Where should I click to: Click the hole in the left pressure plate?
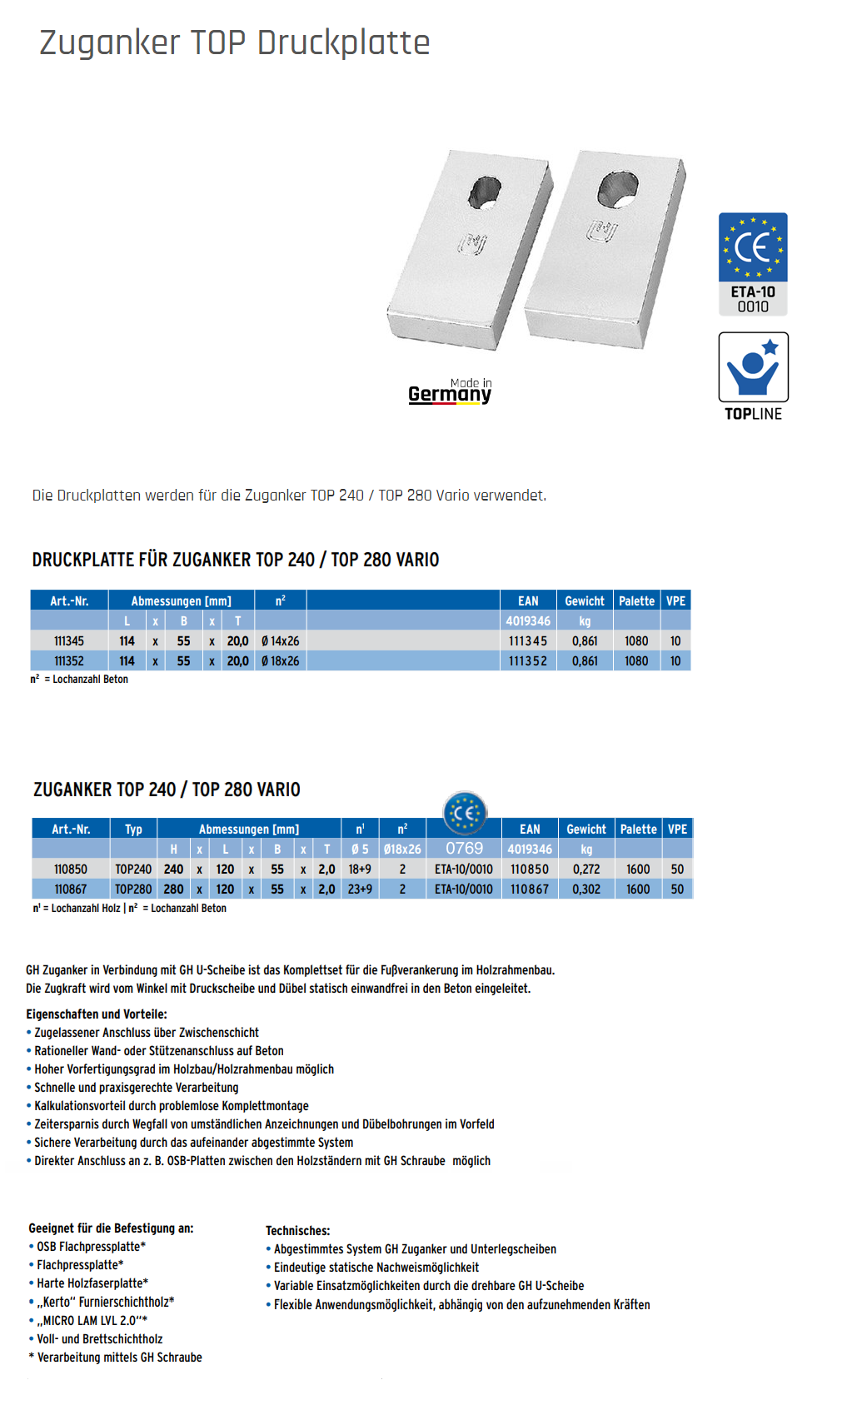click(x=484, y=192)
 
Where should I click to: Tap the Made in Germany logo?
click(x=451, y=391)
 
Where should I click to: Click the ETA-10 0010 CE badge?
click(x=753, y=264)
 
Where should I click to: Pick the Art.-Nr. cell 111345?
click(x=69, y=641)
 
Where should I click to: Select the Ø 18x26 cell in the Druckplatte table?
click(x=281, y=661)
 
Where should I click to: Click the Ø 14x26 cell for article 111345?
click(x=281, y=641)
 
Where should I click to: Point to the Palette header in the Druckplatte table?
click(x=636, y=600)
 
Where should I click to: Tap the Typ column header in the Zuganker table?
click(x=133, y=830)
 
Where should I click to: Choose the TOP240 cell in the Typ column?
click(x=133, y=869)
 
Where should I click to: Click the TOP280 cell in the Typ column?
click(x=133, y=889)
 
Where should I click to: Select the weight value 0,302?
click(x=586, y=889)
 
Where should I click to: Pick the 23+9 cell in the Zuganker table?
click(x=360, y=889)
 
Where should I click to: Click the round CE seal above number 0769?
click(x=464, y=813)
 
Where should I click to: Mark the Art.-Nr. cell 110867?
click(x=71, y=889)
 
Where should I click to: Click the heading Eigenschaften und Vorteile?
click(x=97, y=1014)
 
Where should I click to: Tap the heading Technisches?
click(x=298, y=1231)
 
